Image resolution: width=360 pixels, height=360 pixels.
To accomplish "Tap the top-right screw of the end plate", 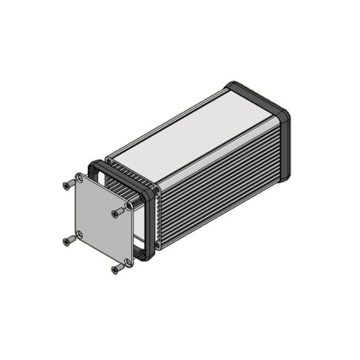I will pos(118,211).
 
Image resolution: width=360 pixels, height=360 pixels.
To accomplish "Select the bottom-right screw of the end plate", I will pos(118,269).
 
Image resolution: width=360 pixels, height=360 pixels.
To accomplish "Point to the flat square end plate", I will pos(103,220).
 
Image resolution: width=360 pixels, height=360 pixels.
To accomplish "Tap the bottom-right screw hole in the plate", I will pos(128,261).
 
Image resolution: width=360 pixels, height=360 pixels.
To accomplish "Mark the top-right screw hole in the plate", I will pos(127,206).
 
